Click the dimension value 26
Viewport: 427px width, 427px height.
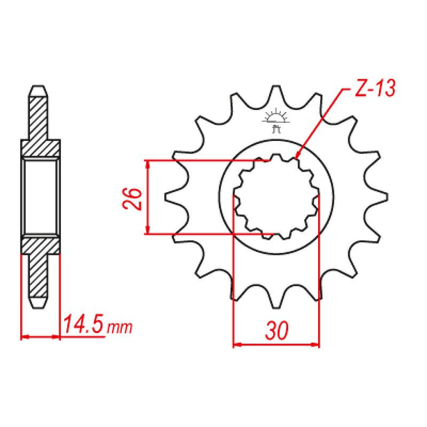point(133,197)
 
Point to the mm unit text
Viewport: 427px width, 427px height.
point(121,328)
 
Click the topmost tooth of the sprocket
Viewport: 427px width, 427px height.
point(275,92)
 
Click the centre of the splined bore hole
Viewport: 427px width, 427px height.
point(275,197)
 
